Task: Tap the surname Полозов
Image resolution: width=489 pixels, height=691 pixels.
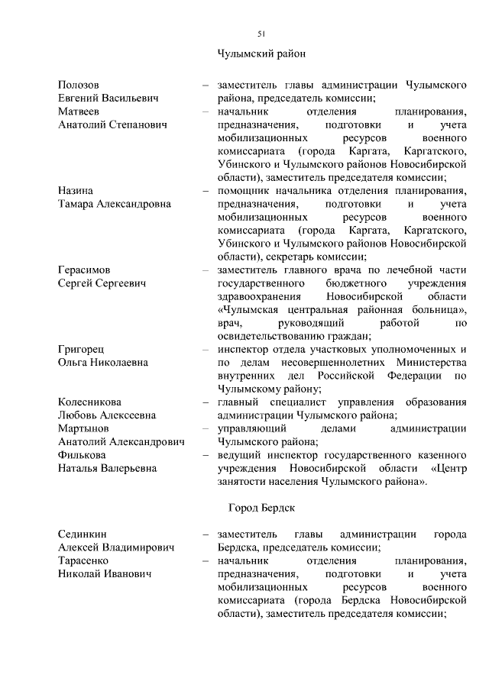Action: point(79,84)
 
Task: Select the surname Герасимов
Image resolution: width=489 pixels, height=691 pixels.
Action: point(84,270)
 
